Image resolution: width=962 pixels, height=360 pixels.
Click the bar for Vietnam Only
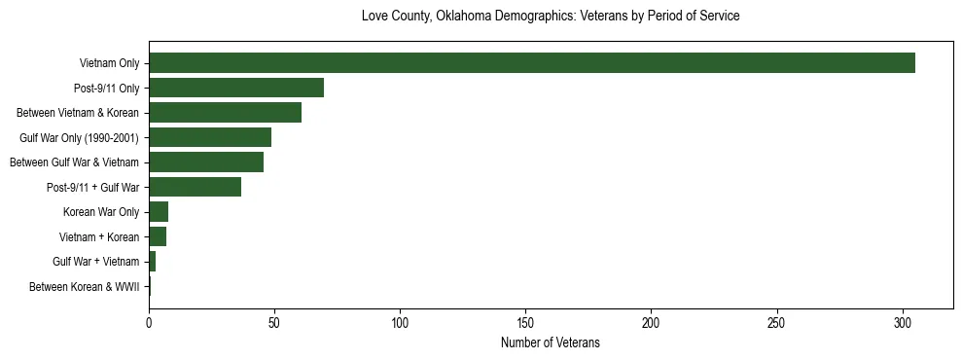point(532,63)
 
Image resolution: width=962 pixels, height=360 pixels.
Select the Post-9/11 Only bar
point(236,89)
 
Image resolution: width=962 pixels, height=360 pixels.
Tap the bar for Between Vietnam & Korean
point(225,113)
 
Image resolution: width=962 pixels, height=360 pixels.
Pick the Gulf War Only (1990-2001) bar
point(210,137)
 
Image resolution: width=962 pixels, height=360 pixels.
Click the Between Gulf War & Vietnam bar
point(206,162)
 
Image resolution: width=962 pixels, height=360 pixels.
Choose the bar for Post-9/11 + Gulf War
point(195,187)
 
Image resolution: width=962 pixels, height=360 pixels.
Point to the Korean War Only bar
point(159,212)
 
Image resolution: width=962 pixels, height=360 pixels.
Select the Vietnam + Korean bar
point(158,236)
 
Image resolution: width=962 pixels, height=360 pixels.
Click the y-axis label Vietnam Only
point(109,64)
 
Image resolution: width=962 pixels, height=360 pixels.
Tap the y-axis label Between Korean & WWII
point(84,287)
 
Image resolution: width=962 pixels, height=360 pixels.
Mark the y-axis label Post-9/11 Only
point(106,89)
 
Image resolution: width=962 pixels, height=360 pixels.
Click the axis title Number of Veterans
point(550,343)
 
